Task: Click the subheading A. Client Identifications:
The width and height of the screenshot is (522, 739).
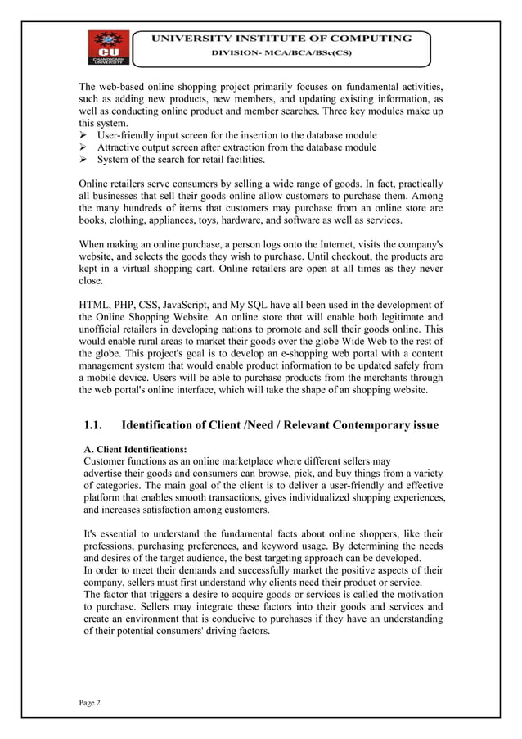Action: coord(136,449)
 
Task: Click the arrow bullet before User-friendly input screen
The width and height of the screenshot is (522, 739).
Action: coord(84,135)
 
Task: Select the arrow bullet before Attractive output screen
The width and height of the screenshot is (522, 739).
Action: coord(84,147)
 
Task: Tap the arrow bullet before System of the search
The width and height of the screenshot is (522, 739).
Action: coord(84,160)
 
